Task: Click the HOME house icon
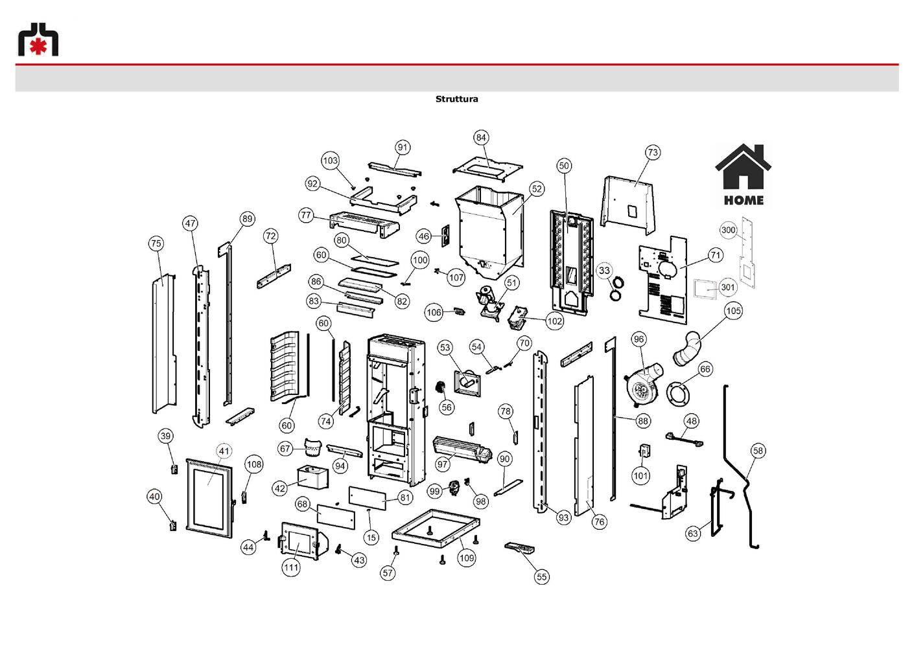click(x=743, y=175)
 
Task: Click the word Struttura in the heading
click(x=456, y=99)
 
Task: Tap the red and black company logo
click(x=38, y=40)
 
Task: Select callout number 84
click(x=481, y=137)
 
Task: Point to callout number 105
click(x=733, y=311)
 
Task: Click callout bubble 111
click(x=291, y=567)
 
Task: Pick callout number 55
click(x=541, y=576)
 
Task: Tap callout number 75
click(x=156, y=243)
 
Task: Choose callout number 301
click(x=728, y=288)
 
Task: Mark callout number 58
click(x=758, y=451)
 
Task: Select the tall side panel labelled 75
click(x=164, y=345)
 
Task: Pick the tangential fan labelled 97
click(x=462, y=450)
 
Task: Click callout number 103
click(x=330, y=160)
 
